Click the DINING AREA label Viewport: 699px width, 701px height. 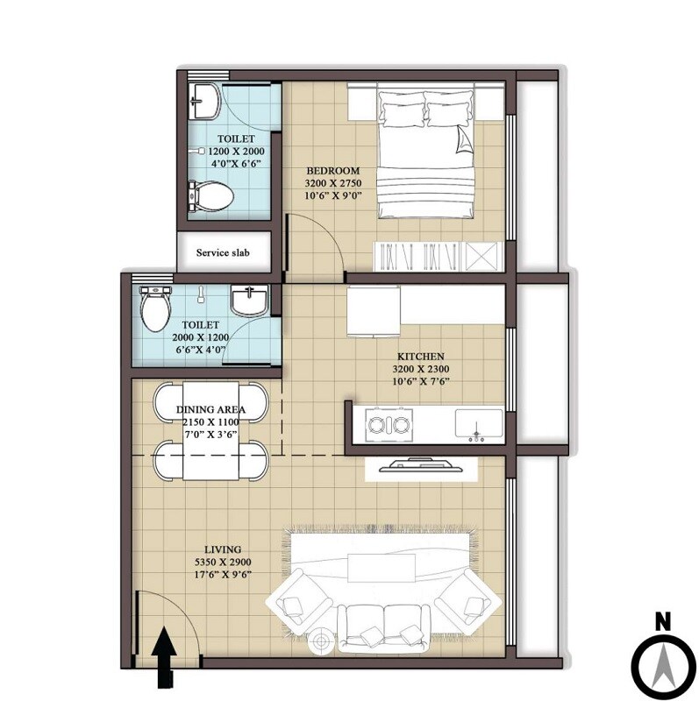pyautogui.click(x=210, y=409)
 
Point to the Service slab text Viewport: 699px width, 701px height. pyautogui.click(x=223, y=253)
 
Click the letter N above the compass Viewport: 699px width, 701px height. pyautogui.click(x=663, y=622)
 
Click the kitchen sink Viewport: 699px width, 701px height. pyautogui.click(x=478, y=424)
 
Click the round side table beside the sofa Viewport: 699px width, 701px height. pyautogui.click(x=320, y=641)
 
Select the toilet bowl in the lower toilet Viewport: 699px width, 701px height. pyautogui.click(x=154, y=310)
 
